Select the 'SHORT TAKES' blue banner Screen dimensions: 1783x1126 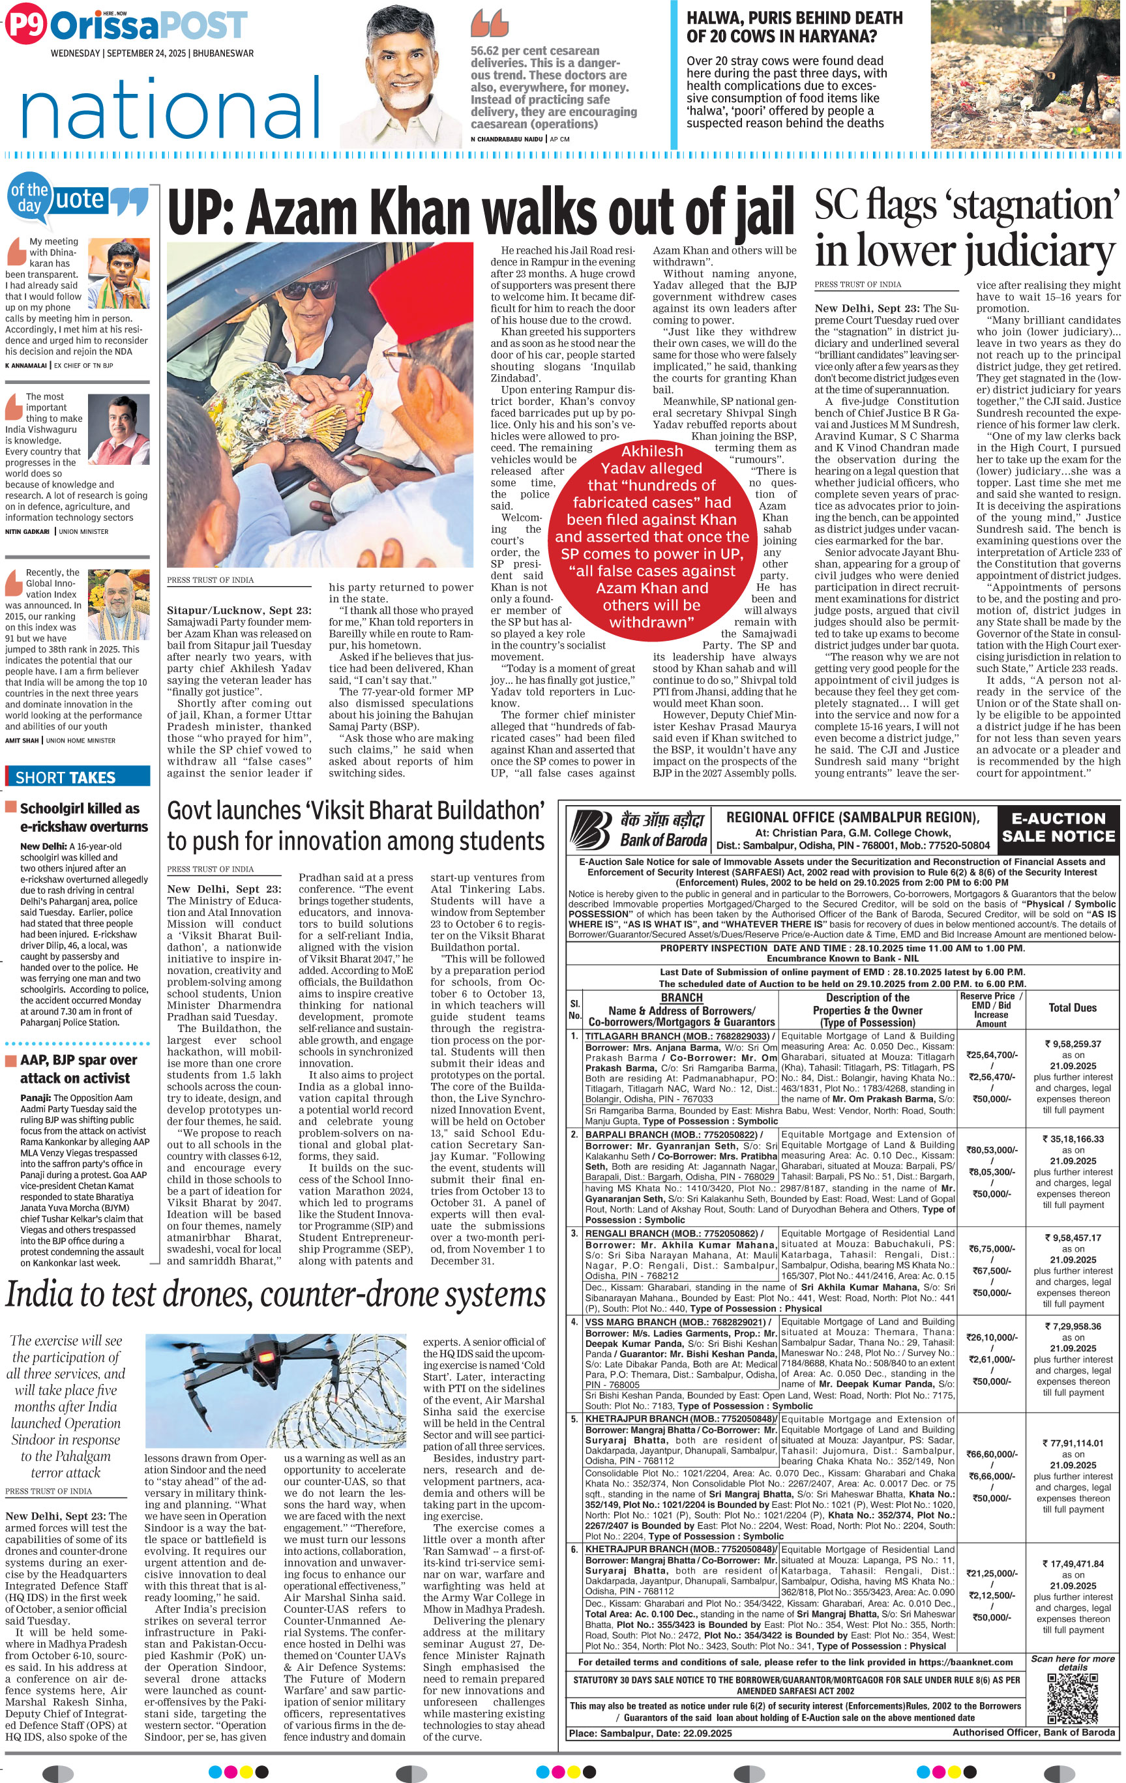78,776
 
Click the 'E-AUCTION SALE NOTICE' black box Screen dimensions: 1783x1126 1058,827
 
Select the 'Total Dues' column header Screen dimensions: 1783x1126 1073,1008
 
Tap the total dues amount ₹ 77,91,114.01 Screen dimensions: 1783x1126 1073,1443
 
